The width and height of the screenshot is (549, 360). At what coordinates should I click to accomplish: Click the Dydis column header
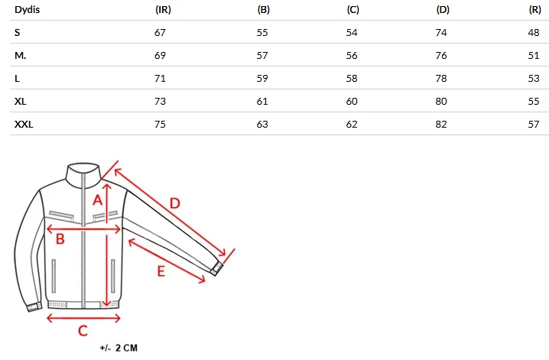tap(27, 9)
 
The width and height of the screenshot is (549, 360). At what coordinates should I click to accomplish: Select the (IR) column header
tap(163, 10)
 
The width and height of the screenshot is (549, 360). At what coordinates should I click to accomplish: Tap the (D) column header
tap(443, 10)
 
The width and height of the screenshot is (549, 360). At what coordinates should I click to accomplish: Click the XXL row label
tap(24, 124)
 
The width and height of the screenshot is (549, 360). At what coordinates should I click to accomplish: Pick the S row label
tap(17, 33)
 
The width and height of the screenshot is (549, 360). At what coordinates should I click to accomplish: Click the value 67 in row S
tap(160, 33)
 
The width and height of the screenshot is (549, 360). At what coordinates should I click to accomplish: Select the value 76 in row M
tap(441, 55)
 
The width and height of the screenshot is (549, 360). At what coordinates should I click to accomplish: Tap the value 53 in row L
tap(534, 79)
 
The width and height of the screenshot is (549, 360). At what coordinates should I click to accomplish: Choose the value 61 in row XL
tap(262, 102)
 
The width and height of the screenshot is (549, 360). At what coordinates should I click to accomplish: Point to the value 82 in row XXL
tap(441, 124)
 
